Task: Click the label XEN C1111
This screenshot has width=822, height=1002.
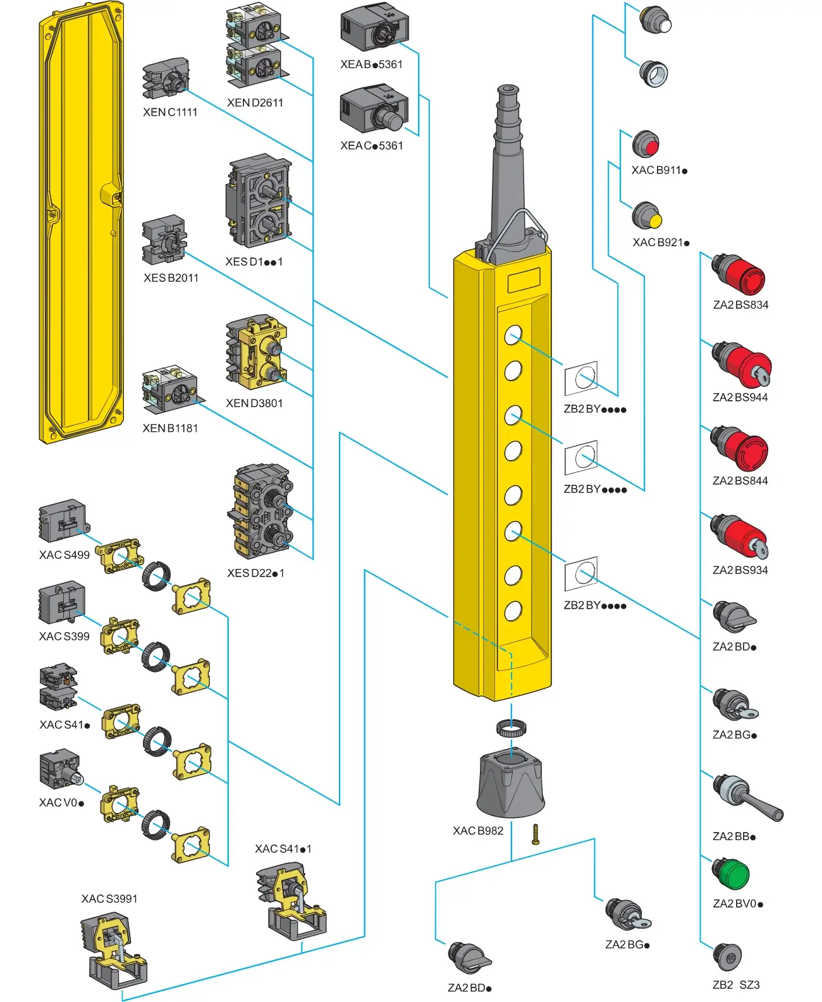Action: point(170,113)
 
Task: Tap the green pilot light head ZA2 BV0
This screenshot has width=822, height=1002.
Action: point(732,874)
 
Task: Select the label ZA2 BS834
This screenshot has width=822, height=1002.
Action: point(740,305)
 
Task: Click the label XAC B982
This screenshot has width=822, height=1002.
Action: point(478,831)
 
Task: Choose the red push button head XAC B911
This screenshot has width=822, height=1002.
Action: point(646,145)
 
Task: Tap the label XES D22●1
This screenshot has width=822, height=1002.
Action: point(255,573)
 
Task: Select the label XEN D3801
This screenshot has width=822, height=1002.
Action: point(254,403)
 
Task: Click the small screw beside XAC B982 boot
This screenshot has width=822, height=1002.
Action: point(536,834)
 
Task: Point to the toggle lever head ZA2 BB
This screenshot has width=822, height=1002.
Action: point(746,798)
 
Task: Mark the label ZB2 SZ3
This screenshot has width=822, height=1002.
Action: point(736,985)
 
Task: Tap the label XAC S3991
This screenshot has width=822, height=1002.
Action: point(109,899)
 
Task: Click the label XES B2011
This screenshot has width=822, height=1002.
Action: point(171,278)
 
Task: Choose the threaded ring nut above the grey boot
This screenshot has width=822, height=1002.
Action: point(511,728)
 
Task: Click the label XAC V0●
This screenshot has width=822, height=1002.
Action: point(61,803)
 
